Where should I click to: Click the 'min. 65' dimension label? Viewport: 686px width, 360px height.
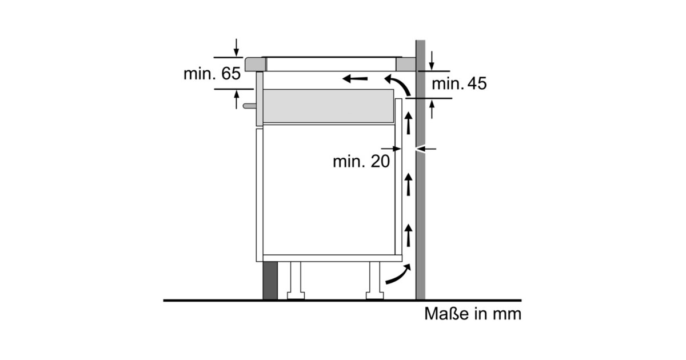pyautogui.click(x=212, y=74)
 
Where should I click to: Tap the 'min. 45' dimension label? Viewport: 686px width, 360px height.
pyautogui.click(x=459, y=83)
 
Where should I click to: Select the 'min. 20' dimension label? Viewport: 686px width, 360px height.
pyautogui.click(x=361, y=161)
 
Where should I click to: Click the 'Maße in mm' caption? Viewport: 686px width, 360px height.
pyautogui.click(x=473, y=314)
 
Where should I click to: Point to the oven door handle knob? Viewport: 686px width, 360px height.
pyautogui.click(x=250, y=106)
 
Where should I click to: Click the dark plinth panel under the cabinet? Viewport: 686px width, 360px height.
pyautogui.click(x=270, y=281)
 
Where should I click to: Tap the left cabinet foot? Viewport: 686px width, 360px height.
pyautogui.click(x=296, y=281)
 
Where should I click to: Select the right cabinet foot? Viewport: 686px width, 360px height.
pyautogui.click(x=375, y=281)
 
